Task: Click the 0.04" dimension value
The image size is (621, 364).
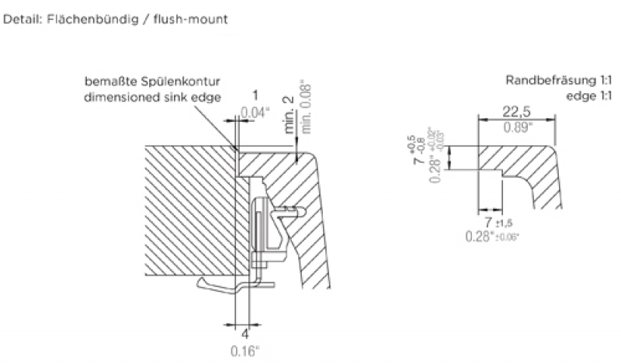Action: pyautogui.click(x=255, y=113)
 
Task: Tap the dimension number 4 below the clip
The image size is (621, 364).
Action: pyautogui.click(x=244, y=335)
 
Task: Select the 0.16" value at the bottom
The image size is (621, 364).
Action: pyautogui.click(x=246, y=350)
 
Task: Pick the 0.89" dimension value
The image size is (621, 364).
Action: pyautogui.click(x=516, y=127)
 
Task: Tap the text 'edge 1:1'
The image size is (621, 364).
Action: pyautogui.click(x=589, y=95)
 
